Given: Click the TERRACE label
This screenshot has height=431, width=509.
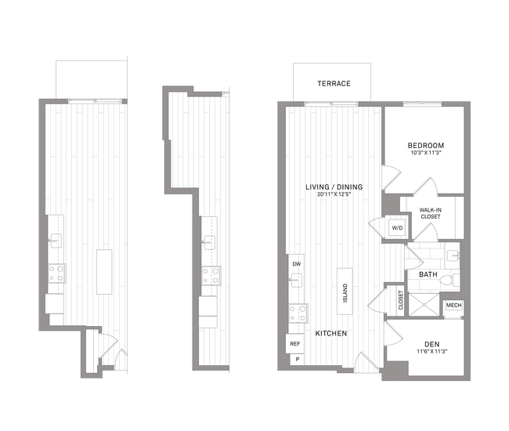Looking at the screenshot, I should pos(334,84).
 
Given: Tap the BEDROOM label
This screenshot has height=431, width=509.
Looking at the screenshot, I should pos(426,146).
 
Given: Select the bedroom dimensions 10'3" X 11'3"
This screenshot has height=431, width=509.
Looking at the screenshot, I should pos(426,154).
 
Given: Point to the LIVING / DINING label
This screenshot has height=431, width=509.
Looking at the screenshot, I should pos(334,187).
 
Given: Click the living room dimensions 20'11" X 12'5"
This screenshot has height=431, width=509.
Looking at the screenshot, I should pos(334,195).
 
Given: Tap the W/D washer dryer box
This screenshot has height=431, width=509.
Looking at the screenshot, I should pos(398,228).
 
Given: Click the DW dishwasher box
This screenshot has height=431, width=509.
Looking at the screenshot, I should pos(297,265).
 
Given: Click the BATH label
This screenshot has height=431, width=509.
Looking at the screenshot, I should pos(428,275).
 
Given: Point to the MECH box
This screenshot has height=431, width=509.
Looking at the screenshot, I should pos(453,305).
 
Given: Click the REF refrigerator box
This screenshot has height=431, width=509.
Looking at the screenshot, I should pos(295,343).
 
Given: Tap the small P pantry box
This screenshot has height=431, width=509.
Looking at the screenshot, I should pos(296,360).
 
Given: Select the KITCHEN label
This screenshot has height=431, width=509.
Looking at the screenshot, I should pos(331,334).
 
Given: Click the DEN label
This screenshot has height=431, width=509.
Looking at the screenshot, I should pos(431,344).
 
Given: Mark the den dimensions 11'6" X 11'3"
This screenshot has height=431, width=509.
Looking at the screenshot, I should pos(431,353).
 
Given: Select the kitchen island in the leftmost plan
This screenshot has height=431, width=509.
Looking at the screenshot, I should pos(104,272).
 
